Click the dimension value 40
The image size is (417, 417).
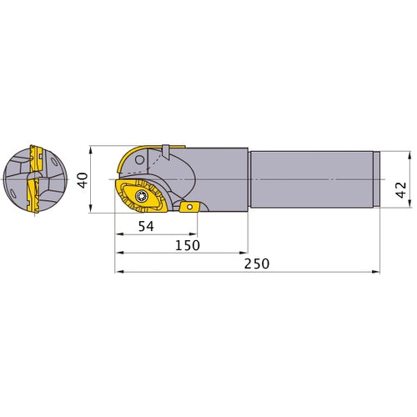point(82,180)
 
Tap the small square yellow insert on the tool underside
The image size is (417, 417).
point(188,208)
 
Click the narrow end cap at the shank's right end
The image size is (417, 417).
point(378,178)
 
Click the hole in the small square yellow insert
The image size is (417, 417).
point(189,206)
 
